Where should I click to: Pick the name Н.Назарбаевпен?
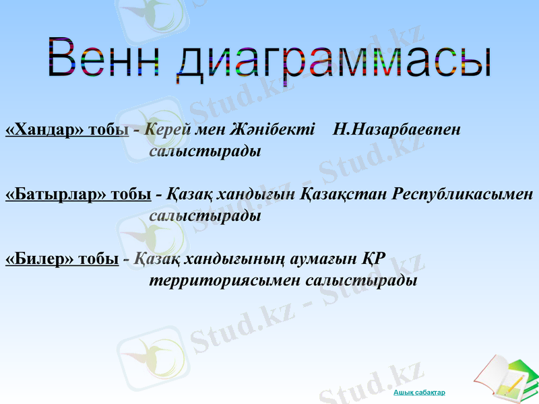point(398,129)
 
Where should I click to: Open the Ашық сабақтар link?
point(420,392)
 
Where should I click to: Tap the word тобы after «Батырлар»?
point(131,195)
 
